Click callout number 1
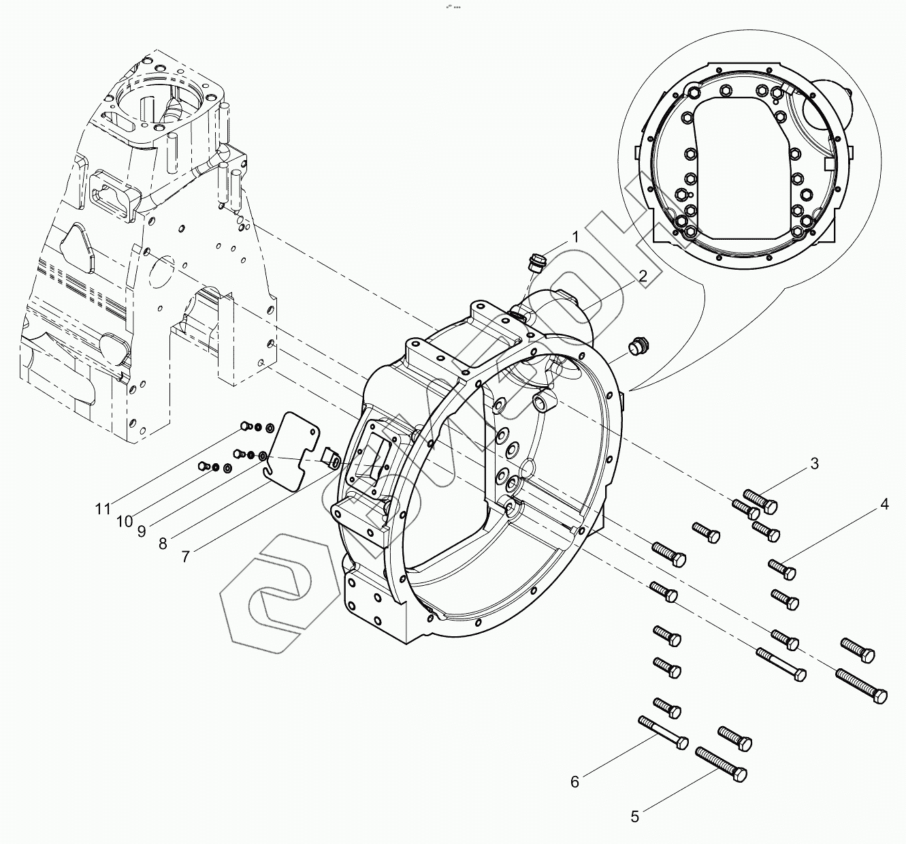pos(575,237)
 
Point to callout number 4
pos(884,505)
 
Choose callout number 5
pos(635,816)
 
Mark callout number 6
pos(575,781)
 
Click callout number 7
pos(186,556)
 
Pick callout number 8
pos(163,543)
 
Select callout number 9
pos(142,531)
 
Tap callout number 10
pos(124,521)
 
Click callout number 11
pos(102,509)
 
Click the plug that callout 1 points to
pos(536,262)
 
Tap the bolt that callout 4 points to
pos(782,567)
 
